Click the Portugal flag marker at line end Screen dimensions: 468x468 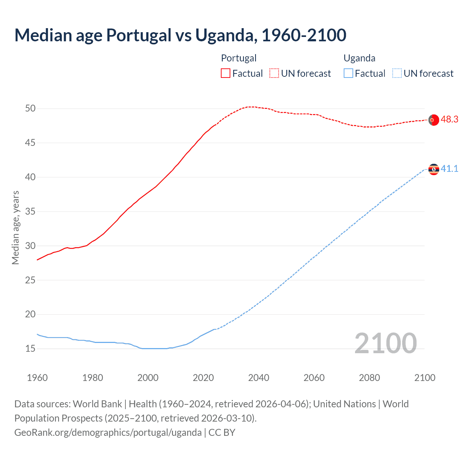pyautogui.click(x=434, y=120)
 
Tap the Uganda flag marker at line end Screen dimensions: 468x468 pyautogui.click(x=434, y=169)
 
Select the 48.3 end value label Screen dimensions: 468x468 pyautogui.click(x=449, y=120)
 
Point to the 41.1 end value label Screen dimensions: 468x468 pyautogui.click(x=449, y=169)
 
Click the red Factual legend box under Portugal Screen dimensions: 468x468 pyautogui.click(x=226, y=73)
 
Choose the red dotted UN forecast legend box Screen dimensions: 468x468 pyautogui.click(x=274, y=73)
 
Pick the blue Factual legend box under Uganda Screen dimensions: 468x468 pyautogui.click(x=348, y=73)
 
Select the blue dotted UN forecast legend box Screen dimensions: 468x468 pyautogui.click(x=397, y=73)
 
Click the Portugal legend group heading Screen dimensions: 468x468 pyautogui.click(x=239, y=58)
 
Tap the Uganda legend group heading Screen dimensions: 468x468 pyautogui.click(x=359, y=58)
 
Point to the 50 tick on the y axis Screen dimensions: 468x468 pyautogui.click(x=30, y=109)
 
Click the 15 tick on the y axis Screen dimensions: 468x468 pyautogui.click(x=30, y=349)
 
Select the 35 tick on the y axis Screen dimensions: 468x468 pyautogui.click(x=30, y=212)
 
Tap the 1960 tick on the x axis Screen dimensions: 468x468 pyautogui.click(x=37, y=378)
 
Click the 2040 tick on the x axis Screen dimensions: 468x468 pyautogui.click(x=258, y=378)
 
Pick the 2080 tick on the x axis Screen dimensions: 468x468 pyautogui.click(x=369, y=378)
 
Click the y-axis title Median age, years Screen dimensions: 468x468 pyautogui.click(x=15, y=227)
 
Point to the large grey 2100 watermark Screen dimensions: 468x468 pyautogui.click(x=386, y=343)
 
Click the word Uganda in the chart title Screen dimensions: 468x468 pyautogui.click(x=224, y=35)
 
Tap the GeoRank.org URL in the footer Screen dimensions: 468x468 pyautogui.click(x=108, y=433)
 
